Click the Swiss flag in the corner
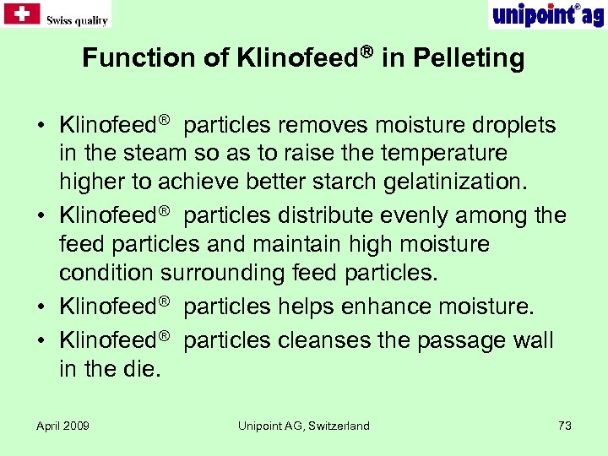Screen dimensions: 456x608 tap(21, 14)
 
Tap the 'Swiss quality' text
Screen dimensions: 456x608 tap(77, 20)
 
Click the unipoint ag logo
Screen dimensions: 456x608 tap(547, 14)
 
